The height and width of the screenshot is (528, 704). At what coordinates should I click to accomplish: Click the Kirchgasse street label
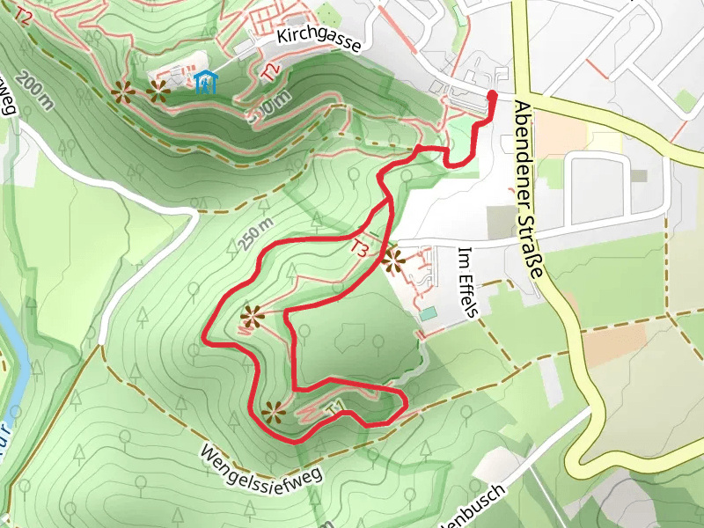[x=318, y=40]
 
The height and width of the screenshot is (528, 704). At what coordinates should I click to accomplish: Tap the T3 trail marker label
[x=360, y=248]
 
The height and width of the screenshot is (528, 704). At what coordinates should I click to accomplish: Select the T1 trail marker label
[x=334, y=407]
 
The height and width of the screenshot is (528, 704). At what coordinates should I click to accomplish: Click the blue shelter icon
[x=204, y=82]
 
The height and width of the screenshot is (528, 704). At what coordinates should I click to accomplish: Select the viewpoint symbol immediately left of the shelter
[x=158, y=89]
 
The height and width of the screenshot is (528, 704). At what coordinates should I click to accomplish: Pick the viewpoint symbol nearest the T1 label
[x=274, y=411]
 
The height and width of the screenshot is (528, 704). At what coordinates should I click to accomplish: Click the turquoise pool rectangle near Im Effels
[x=429, y=313]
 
